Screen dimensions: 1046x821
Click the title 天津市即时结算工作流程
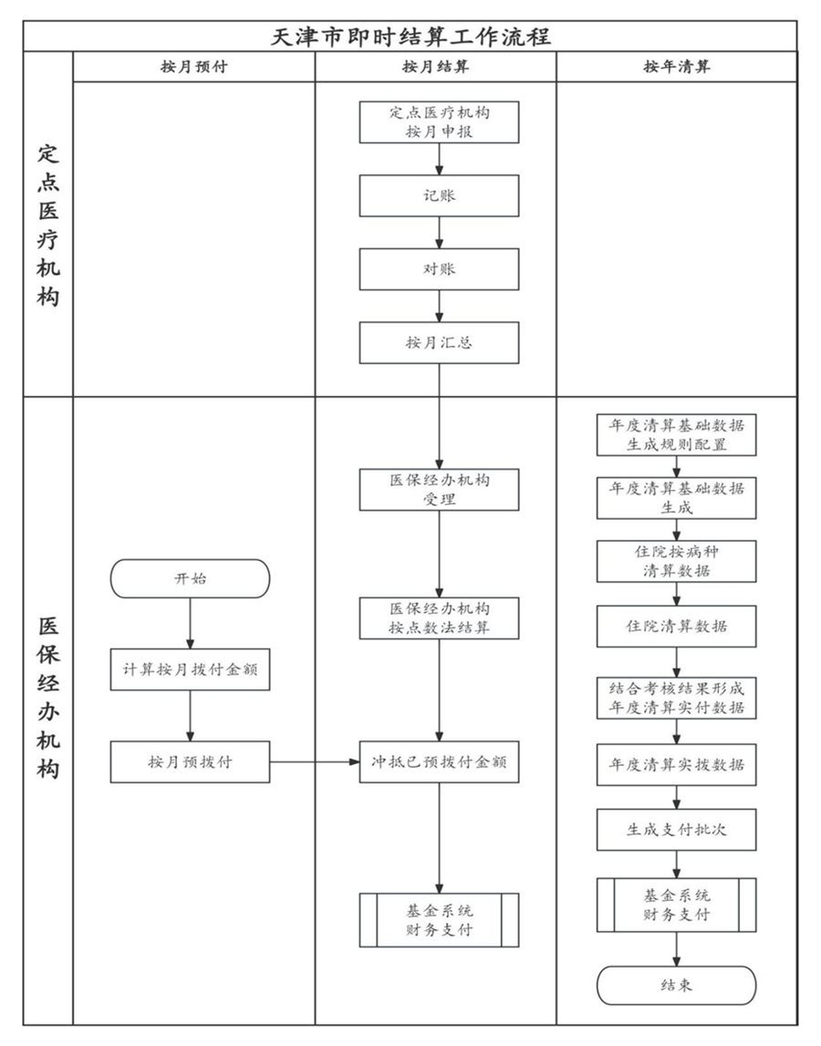coord(410,36)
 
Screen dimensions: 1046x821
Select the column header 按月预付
coord(193,67)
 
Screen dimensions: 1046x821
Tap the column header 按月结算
coord(435,67)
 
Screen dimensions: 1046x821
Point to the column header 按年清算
coord(676,67)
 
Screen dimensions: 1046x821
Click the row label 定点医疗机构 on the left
coord(48,223)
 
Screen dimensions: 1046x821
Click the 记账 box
coord(439,196)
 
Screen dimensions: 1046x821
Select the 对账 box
coord(439,269)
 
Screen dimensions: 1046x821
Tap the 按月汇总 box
coord(439,343)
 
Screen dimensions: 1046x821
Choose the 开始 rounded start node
coord(190,578)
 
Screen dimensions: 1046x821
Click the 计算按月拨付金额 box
coord(190,669)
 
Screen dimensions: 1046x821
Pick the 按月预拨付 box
coord(190,761)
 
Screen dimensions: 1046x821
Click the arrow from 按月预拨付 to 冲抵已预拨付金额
coord(315,761)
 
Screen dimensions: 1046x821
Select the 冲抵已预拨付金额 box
coord(439,761)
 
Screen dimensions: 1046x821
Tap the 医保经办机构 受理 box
coord(439,490)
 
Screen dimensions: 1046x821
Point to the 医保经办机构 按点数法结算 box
coord(439,618)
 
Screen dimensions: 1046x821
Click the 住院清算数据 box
coord(676,627)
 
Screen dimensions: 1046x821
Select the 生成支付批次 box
coord(676,830)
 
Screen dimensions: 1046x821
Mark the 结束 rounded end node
coord(676,985)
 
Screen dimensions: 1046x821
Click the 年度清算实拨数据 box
coord(676,765)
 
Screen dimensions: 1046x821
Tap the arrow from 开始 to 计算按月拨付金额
coord(190,624)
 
